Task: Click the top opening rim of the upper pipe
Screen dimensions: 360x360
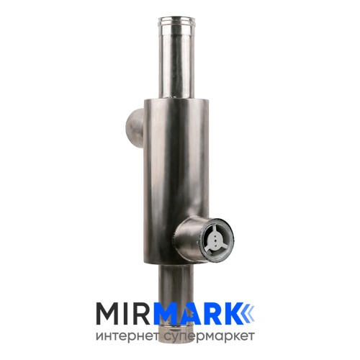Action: click(176, 20)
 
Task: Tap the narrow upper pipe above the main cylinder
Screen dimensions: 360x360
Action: click(176, 58)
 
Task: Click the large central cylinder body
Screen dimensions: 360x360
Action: click(176, 180)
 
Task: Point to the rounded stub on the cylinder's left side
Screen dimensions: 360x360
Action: click(135, 128)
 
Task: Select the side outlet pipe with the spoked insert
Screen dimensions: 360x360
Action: click(203, 239)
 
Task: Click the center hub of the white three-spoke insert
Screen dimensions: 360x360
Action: click(215, 239)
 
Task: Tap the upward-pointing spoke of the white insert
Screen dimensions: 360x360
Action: click(215, 231)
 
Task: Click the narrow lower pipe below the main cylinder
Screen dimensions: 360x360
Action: click(176, 283)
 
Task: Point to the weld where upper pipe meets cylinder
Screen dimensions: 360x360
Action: click(176, 98)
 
